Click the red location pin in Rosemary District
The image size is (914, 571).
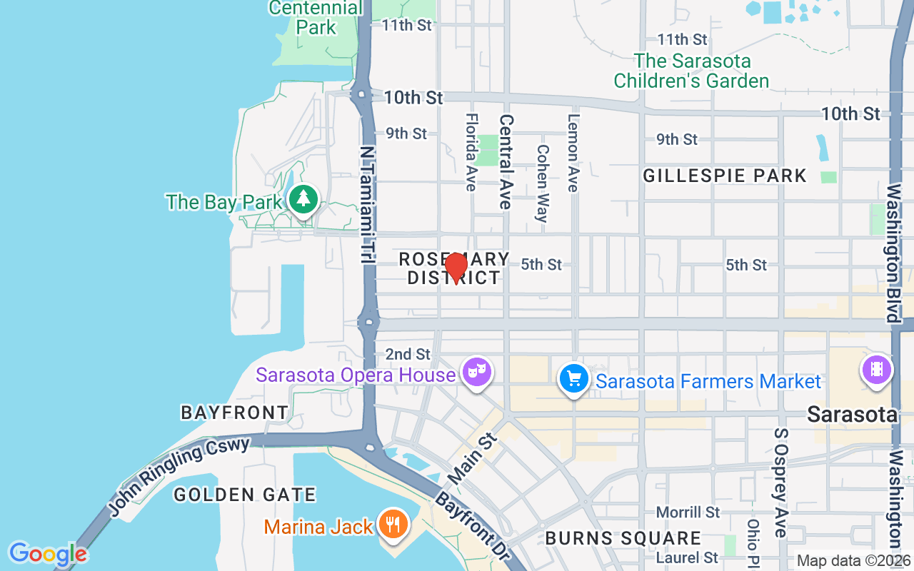pyautogui.click(x=456, y=267)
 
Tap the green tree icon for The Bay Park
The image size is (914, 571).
pyautogui.click(x=303, y=198)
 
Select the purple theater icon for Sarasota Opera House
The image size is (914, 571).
pyautogui.click(x=476, y=370)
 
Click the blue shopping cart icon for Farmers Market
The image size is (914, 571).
pyautogui.click(x=573, y=378)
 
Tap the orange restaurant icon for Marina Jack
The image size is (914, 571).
pyautogui.click(x=392, y=525)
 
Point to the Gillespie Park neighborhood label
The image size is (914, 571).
pyautogui.click(x=724, y=176)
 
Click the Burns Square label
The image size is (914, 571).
pyautogui.click(x=623, y=537)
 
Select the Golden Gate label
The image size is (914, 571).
pyautogui.click(x=244, y=494)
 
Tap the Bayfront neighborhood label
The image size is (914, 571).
pyautogui.click(x=234, y=412)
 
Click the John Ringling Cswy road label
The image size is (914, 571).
pyautogui.click(x=179, y=476)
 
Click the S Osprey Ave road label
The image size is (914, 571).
pyautogui.click(x=779, y=483)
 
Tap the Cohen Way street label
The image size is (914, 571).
pyautogui.click(x=542, y=183)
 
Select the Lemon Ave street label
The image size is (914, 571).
pyautogui.click(x=573, y=153)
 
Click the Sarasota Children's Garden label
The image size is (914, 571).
pyautogui.click(x=691, y=71)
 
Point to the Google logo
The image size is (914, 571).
pyautogui.click(x=48, y=554)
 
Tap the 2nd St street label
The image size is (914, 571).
pyautogui.click(x=408, y=354)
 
